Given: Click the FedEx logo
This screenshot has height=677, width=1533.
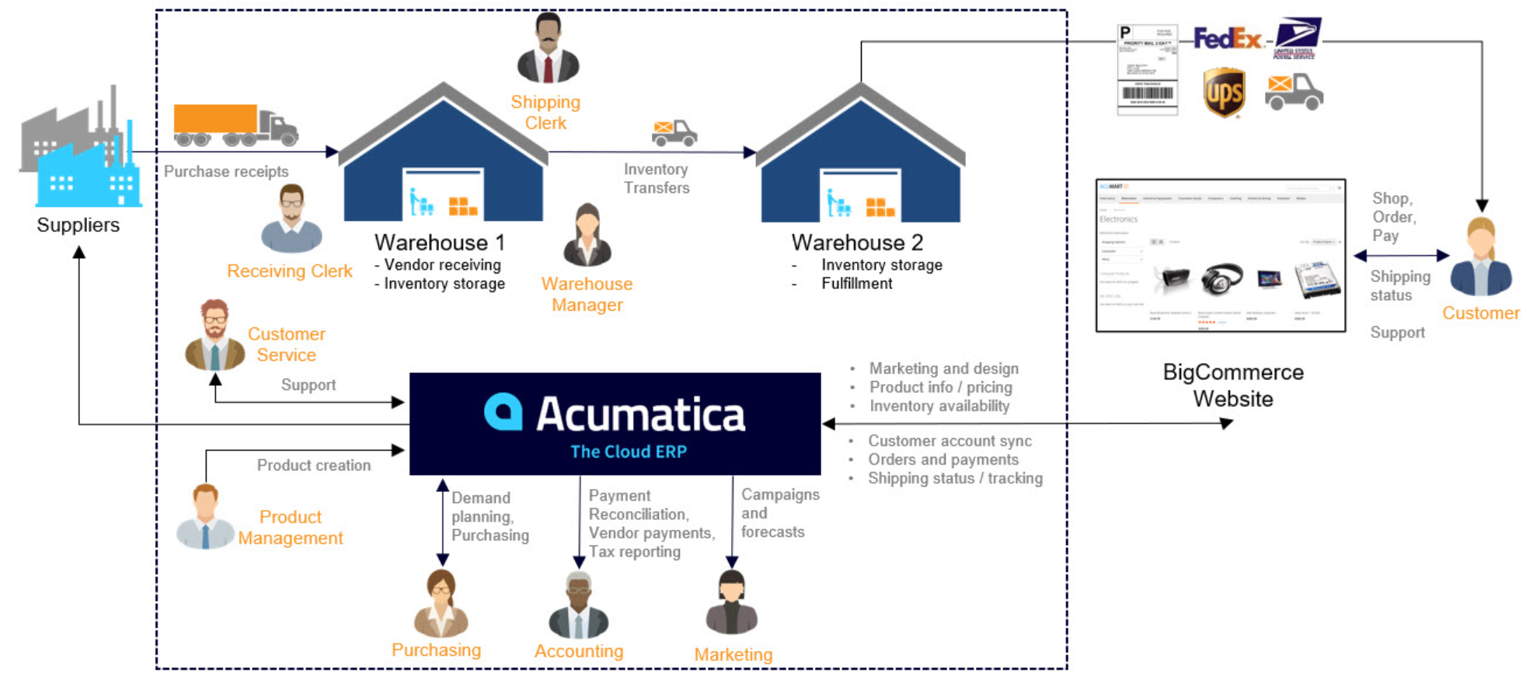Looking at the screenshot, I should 1227,38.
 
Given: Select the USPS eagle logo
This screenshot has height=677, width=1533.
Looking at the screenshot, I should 1295,37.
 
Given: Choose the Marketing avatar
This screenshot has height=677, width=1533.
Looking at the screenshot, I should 732,603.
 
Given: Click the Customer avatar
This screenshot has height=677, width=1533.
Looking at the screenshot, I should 1481,257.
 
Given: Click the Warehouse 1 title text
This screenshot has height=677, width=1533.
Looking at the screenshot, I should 440,243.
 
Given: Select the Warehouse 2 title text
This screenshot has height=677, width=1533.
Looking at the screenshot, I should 857,243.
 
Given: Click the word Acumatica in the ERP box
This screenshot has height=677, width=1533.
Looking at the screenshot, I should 640,414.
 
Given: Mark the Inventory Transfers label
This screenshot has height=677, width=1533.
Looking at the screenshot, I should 657,179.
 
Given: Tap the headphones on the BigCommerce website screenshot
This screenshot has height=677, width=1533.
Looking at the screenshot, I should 1221,278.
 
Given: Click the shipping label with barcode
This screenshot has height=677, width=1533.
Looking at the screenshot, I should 1147,69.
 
